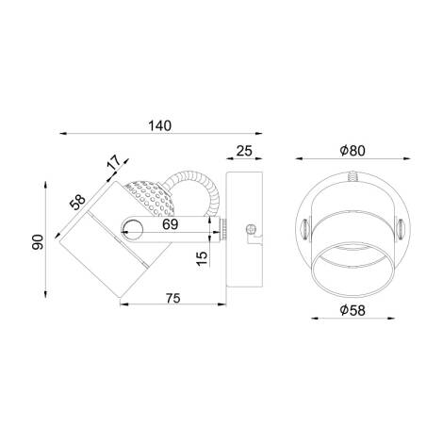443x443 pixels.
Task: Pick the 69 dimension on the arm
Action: (x=172, y=226)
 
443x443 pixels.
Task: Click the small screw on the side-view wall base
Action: (x=251, y=227)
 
